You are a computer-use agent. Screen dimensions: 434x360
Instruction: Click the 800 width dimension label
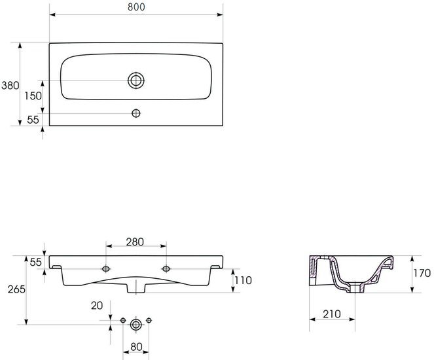coord(136,7)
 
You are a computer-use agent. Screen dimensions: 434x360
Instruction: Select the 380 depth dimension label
coord(10,86)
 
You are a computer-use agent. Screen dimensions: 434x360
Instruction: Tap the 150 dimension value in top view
coord(33,96)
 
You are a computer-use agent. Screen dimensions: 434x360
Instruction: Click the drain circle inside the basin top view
coord(136,81)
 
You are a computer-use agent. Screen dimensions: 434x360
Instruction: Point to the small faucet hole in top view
coord(136,113)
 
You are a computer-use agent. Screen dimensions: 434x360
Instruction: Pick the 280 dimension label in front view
coord(135,242)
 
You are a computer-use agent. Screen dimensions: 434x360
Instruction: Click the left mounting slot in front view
coord(106,268)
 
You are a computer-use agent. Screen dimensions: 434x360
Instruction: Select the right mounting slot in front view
coord(166,268)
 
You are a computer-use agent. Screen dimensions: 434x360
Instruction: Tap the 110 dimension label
coord(244,280)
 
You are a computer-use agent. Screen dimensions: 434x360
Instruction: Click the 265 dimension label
coord(16,289)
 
